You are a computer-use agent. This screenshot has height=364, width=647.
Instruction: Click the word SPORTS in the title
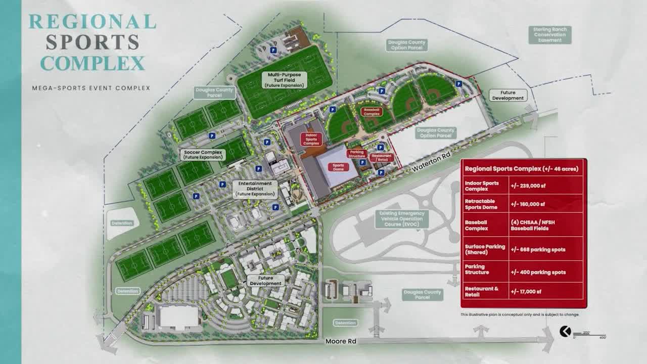[x=93, y=42]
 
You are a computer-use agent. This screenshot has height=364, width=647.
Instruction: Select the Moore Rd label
[x=341, y=341]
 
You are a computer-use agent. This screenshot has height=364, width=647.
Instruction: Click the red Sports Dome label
[x=338, y=166]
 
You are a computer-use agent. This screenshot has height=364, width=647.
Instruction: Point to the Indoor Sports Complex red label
[x=311, y=139]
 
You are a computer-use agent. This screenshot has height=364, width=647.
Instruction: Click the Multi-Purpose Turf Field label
[x=284, y=80]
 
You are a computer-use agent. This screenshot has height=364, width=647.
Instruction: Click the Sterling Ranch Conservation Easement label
[x=550, y=34]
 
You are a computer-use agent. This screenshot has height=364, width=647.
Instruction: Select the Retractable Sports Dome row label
[x=481, y=204]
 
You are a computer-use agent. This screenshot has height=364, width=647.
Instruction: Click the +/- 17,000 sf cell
[x=527, y=292]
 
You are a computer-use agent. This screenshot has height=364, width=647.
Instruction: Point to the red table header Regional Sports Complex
[x=521, y=169]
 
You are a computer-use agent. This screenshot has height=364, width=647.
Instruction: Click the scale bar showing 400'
[x=589, y=335]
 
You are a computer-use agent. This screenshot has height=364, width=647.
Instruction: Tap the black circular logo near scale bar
[x=565, y=331]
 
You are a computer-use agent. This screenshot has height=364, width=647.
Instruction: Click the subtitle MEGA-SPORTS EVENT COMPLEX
[x=91, y=88]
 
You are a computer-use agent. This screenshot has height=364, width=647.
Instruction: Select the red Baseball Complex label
[x=372, y=111]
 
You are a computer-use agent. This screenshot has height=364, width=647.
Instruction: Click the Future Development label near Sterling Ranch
[x=508, y=96]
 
